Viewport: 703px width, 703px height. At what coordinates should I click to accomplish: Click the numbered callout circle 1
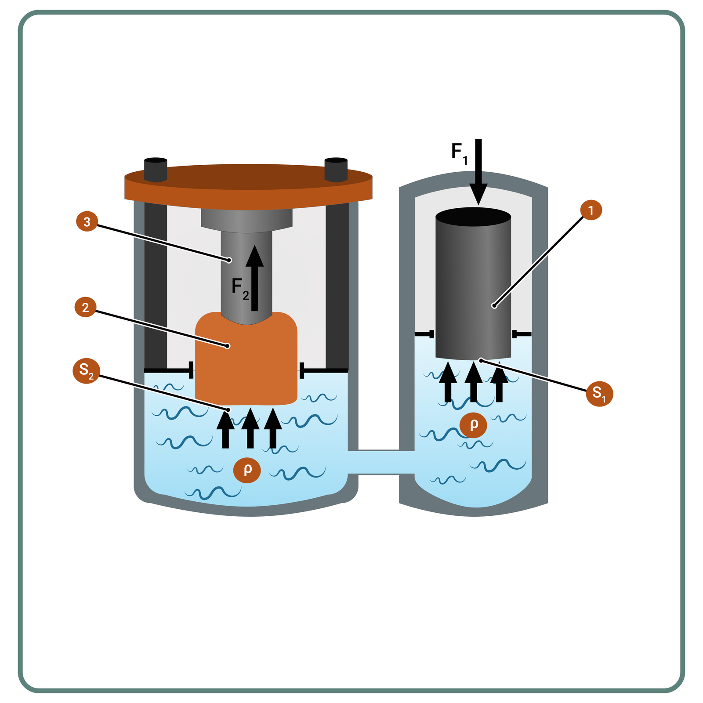[591, 210]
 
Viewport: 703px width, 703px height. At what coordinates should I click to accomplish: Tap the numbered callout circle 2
[86, 307]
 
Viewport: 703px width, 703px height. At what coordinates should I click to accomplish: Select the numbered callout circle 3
[87, 222]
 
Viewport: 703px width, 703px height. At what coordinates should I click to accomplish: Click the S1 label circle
[599, 393]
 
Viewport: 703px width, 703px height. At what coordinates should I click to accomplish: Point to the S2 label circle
[86, 371]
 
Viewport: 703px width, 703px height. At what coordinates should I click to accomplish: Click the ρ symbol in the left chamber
[247, 470]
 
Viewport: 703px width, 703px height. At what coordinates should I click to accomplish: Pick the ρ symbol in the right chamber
[473, 424]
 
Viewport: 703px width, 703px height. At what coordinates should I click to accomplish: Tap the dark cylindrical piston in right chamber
[473, 290]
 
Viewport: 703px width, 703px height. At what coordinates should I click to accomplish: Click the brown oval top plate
[248, 185]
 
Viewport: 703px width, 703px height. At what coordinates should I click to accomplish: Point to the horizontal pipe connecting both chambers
[380, 462]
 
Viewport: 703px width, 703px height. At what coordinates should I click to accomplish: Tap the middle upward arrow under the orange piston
[250, 428]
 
